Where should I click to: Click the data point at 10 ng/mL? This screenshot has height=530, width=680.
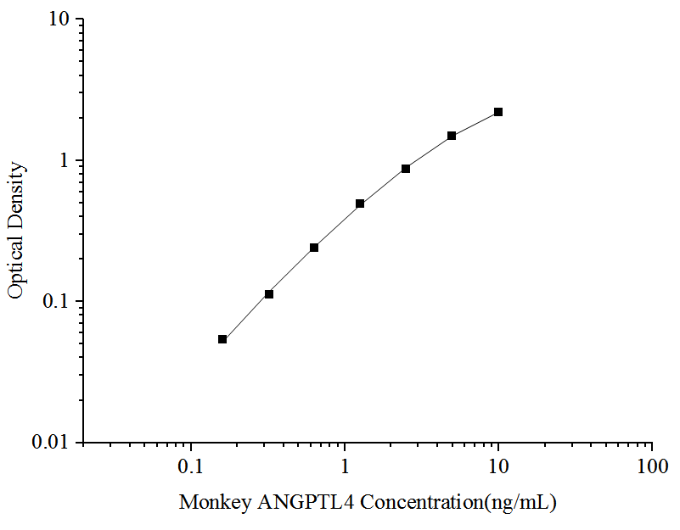tap(498, 112)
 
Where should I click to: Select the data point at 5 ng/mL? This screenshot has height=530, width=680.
tap(452, 136)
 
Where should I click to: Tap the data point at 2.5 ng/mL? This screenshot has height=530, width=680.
tap(406, 169)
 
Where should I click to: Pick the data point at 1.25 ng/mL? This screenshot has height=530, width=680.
tap(360, 204)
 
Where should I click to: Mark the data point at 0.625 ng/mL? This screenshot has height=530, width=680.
tap(314, 248)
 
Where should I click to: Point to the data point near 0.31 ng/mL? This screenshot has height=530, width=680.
tap(269, 294)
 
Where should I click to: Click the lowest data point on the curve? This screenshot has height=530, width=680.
tap(222, 339)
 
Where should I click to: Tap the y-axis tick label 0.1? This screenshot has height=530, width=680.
tap(59, 302)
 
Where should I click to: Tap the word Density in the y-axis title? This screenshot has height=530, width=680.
tap(16, 194)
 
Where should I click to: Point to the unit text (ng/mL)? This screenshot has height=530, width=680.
tap(519, 503)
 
